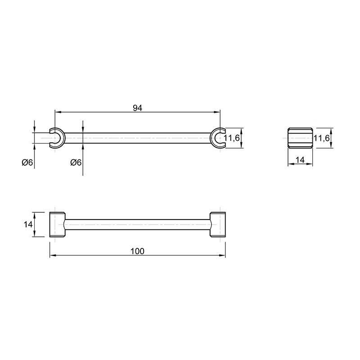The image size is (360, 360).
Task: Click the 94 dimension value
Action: tap(138, 108)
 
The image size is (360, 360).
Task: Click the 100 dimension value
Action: tap(138, 251)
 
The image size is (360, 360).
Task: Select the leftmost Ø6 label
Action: tap(27, 162)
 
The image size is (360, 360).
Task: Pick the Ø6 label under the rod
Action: tap(76, 162)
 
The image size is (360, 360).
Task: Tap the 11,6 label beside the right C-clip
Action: tap(232, 138)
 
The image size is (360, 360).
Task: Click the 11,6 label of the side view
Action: tap(321, 138)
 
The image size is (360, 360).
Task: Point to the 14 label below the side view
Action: tap(300, 160)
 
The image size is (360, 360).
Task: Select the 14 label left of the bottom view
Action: tap(28, 224)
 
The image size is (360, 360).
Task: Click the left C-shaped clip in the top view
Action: tap(62, 138)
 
